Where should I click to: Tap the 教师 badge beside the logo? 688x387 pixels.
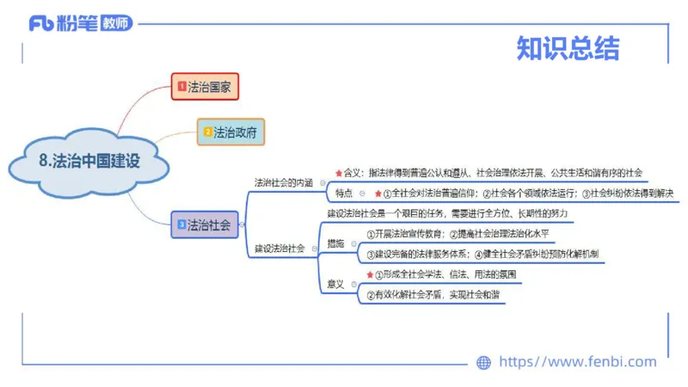click(119, 23)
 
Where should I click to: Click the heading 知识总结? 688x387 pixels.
click(568, 49)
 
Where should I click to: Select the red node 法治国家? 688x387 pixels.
click(205, 86)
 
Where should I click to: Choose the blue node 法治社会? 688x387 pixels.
click(202, 225)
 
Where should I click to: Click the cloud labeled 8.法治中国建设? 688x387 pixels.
click(89, 161)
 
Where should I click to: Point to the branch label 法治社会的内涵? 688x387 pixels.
click(283, 182)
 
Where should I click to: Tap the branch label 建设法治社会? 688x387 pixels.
click(279, 249)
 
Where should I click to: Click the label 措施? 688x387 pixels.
click(335, 244)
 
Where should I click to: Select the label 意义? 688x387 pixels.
click(335, 285)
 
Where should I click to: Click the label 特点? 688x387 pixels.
click(344, 193)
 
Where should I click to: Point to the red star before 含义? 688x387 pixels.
click(338, 173)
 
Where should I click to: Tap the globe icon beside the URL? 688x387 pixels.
click(483, 362)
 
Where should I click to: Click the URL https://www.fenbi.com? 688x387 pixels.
click(577, 362)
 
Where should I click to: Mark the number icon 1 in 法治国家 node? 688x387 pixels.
click(181, 86)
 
